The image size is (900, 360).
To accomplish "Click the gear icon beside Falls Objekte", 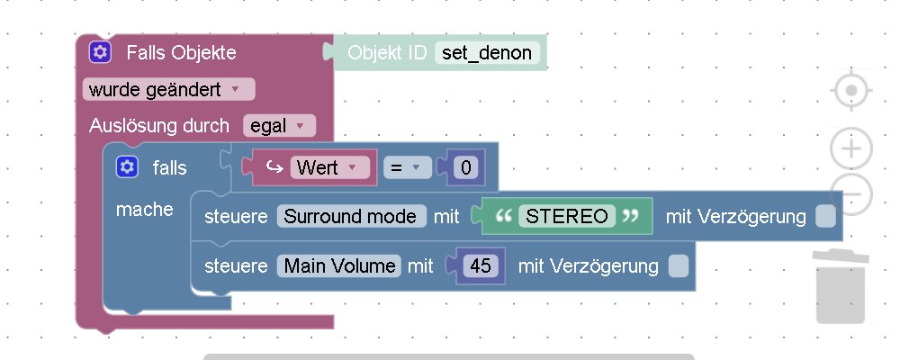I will click(100, 52).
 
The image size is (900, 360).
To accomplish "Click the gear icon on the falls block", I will click(127, 166).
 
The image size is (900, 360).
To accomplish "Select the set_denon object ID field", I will click(487, 53).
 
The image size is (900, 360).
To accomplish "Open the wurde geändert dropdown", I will click(168, 89).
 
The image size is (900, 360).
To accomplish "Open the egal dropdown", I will click(278, 126).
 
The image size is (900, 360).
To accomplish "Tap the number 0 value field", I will click(465, 167).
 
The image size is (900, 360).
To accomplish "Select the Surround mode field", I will click(351, 216).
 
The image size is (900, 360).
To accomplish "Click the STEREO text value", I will click(567, 216).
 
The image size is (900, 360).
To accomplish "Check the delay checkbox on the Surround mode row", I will click(825, 216).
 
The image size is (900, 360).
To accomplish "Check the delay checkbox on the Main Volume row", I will click(679, 265).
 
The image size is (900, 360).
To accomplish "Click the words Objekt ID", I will click(387, 53).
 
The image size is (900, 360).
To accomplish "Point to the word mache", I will click(145, 210).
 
